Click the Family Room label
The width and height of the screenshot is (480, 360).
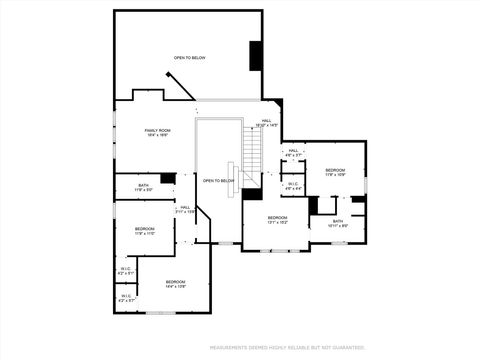157,132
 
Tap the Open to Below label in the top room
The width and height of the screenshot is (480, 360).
189,58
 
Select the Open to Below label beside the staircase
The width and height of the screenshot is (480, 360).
218,181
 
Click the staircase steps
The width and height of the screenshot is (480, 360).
252,154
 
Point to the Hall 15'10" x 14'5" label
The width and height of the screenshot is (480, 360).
267,123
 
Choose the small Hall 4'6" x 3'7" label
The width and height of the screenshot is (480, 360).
293,152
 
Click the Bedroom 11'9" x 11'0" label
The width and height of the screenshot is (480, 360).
144,231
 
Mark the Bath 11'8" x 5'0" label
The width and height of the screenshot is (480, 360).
144,187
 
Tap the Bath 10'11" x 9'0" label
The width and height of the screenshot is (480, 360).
337,223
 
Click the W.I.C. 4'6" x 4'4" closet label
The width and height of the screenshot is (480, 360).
293,186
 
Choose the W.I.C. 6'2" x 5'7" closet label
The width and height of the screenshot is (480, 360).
126,297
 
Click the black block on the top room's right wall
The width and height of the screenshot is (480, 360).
255,55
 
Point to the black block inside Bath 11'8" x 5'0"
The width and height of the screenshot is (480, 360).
168,179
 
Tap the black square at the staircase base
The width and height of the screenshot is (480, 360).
252,194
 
